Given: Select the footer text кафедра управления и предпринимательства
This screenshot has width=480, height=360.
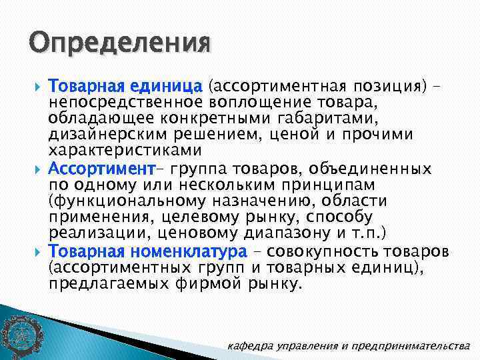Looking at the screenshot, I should point(349,345).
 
